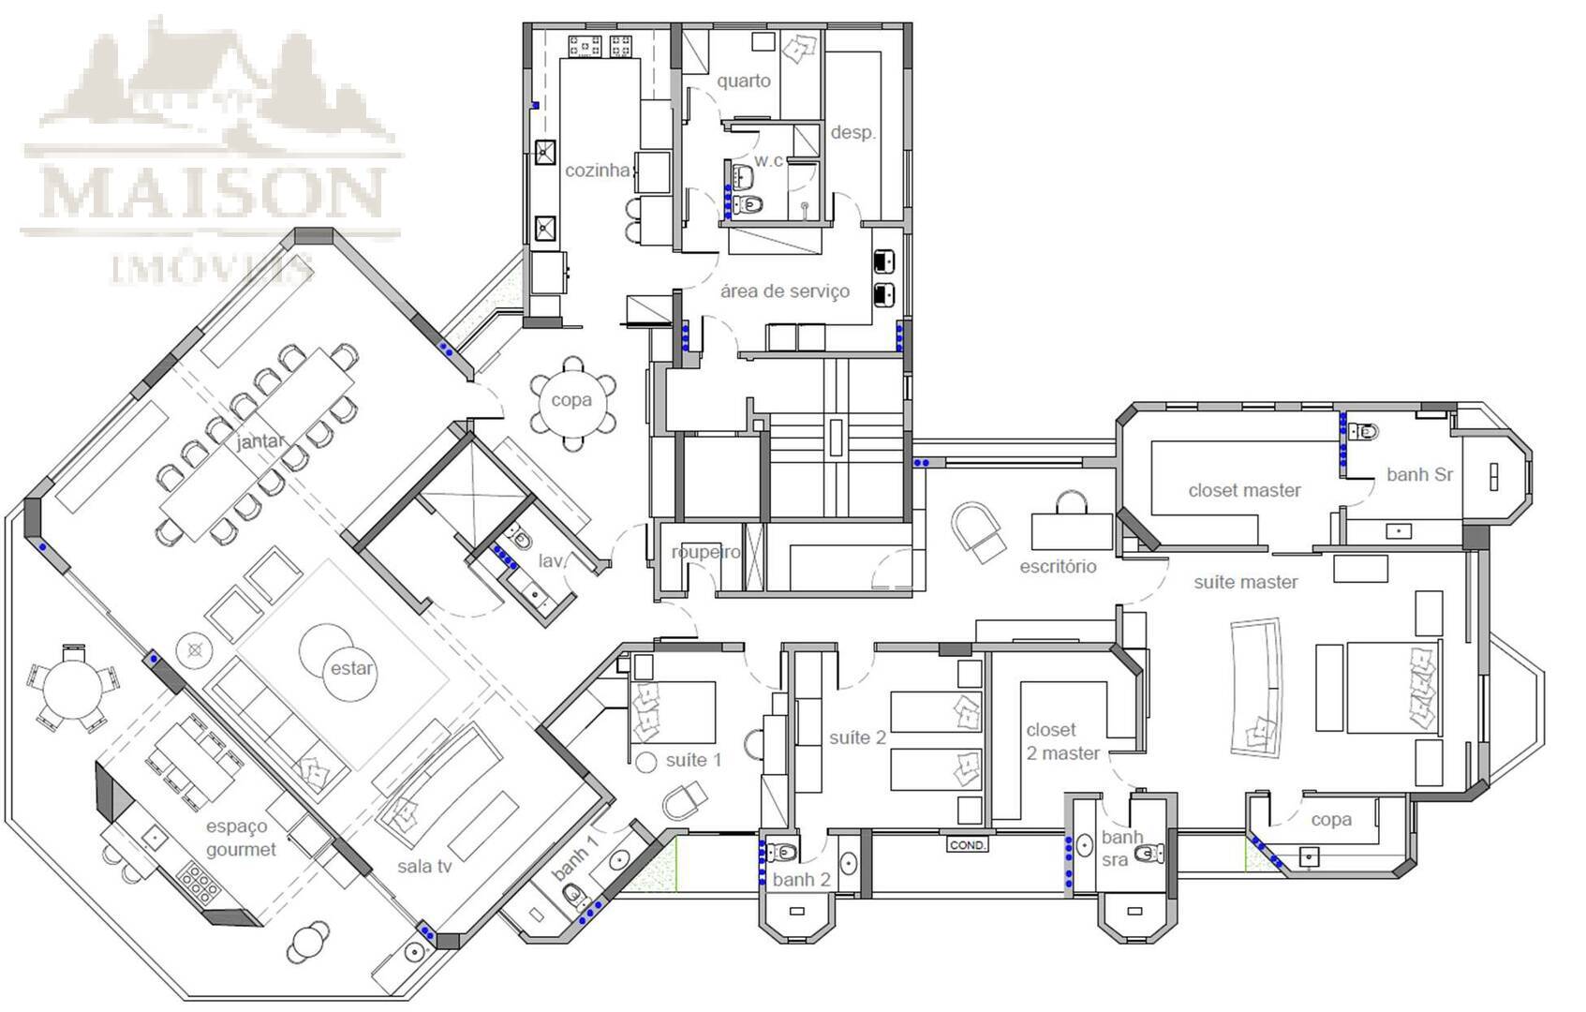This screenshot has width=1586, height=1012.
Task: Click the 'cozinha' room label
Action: tap(597, 170)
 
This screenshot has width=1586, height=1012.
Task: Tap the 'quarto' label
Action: tap(744, 81)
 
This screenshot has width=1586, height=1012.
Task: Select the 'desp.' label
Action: tap(853, 132)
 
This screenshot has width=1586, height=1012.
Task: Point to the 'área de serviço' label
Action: tap(784, 291)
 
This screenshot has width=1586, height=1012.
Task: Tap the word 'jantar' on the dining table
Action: tap(259, 441)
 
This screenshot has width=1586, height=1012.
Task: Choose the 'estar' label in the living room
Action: tap(351, 668)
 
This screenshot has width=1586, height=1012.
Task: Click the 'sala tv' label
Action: tap(424, 866)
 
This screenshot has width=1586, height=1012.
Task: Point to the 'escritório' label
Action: tap(1058, 567)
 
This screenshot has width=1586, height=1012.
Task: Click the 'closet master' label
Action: tap(1244, 490)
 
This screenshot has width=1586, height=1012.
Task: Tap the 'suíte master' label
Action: tap(1245, 582)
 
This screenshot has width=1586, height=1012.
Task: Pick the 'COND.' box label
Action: tap(967, 845)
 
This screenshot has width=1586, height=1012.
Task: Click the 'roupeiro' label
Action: tap(706, 553)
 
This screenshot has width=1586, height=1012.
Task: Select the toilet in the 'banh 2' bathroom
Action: tap(781, 851)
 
